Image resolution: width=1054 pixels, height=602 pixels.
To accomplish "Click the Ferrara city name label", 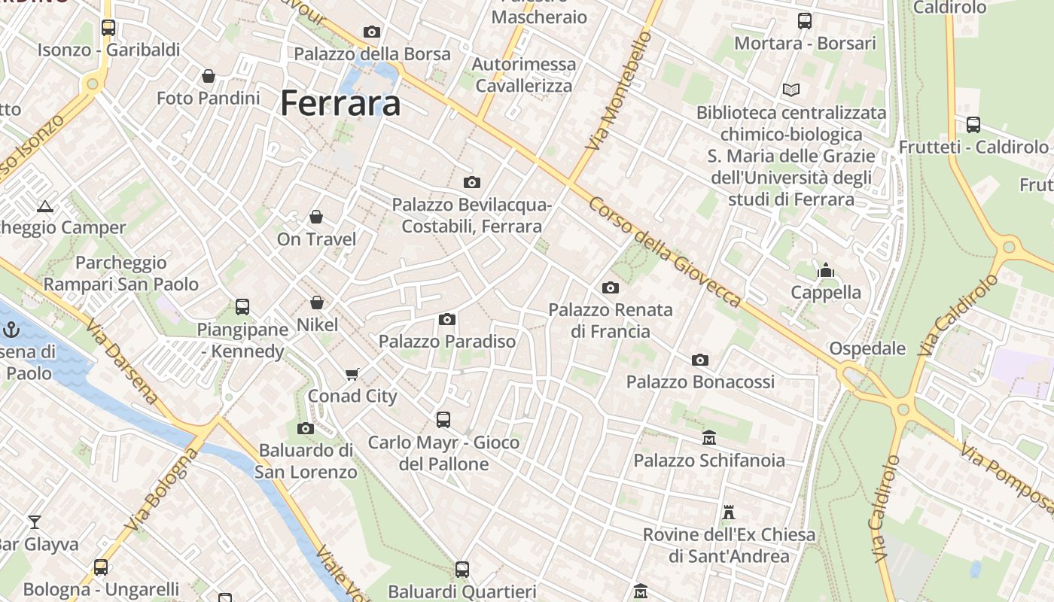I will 340,103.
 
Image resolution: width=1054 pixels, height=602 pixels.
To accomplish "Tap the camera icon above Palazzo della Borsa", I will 372,32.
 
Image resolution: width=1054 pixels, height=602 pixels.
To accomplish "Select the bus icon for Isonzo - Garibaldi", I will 108,28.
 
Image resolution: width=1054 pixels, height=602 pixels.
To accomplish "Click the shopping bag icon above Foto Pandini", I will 209,76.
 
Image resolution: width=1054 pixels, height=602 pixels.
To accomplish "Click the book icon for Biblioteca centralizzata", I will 790,90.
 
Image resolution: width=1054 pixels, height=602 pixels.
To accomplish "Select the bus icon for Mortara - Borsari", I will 805,21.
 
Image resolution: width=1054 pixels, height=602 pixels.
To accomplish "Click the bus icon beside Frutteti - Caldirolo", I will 973,125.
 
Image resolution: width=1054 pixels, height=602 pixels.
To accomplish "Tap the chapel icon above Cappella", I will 826,270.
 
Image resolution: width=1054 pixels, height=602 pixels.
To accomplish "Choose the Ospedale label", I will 867,348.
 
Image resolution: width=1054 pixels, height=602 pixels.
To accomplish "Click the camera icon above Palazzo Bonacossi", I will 700,360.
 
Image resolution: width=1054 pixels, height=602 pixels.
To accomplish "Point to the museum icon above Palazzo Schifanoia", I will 709,438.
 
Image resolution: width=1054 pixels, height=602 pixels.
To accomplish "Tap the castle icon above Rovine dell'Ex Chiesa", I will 728,512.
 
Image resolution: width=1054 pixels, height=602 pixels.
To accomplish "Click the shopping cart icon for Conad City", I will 352,374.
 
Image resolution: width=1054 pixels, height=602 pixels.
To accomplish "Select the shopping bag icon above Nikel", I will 317,303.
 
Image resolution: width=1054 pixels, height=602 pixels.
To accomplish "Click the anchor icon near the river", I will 11,330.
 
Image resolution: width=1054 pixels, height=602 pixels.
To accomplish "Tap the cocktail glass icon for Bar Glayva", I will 35,521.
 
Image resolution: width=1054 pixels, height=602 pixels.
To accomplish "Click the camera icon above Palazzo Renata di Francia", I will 611,287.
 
